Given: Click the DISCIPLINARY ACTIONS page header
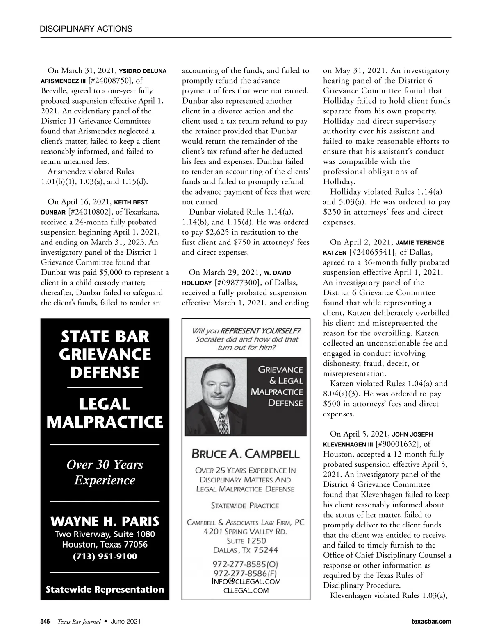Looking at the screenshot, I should pos(86,29).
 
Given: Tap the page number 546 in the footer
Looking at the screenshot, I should pos(45,622).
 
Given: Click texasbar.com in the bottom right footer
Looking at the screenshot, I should pos(431,622).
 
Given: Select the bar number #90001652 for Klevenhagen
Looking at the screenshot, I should pos(396,444).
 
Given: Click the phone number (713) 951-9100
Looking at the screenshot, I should pos(105,557).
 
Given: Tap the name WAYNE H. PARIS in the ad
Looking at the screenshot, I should pos(105,522).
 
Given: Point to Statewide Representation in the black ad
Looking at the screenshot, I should pos(105,590).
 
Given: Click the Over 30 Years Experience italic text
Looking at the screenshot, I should pos(105,472).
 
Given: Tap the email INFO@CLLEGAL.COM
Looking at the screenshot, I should pos(246,581).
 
